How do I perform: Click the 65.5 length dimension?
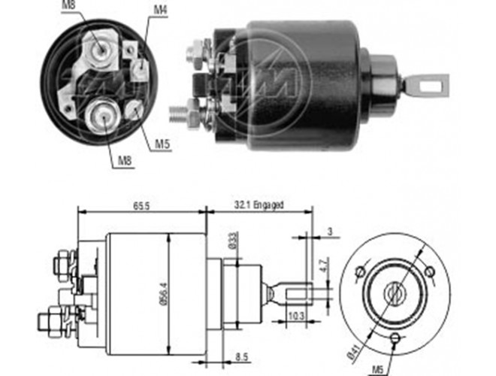coord(141,206)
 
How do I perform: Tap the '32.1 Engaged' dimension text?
coord(259,205)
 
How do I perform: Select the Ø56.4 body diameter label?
coord(164,294)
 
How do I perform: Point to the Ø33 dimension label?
coord(233,241)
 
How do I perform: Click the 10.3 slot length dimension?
coord(296,316)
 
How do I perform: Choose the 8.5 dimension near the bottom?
coord(242,357)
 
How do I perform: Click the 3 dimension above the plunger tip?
coord(330,232)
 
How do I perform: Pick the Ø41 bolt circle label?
coord(354,352)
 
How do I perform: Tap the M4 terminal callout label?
coord(160,10)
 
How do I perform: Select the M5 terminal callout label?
coord(162,144)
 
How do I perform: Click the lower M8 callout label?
coord(125,161)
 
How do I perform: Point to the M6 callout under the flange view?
coord(378,369)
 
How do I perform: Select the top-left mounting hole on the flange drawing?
coord(360,271)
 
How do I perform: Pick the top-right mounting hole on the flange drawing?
coord(430,271)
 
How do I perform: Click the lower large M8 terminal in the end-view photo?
coord(104,116)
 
